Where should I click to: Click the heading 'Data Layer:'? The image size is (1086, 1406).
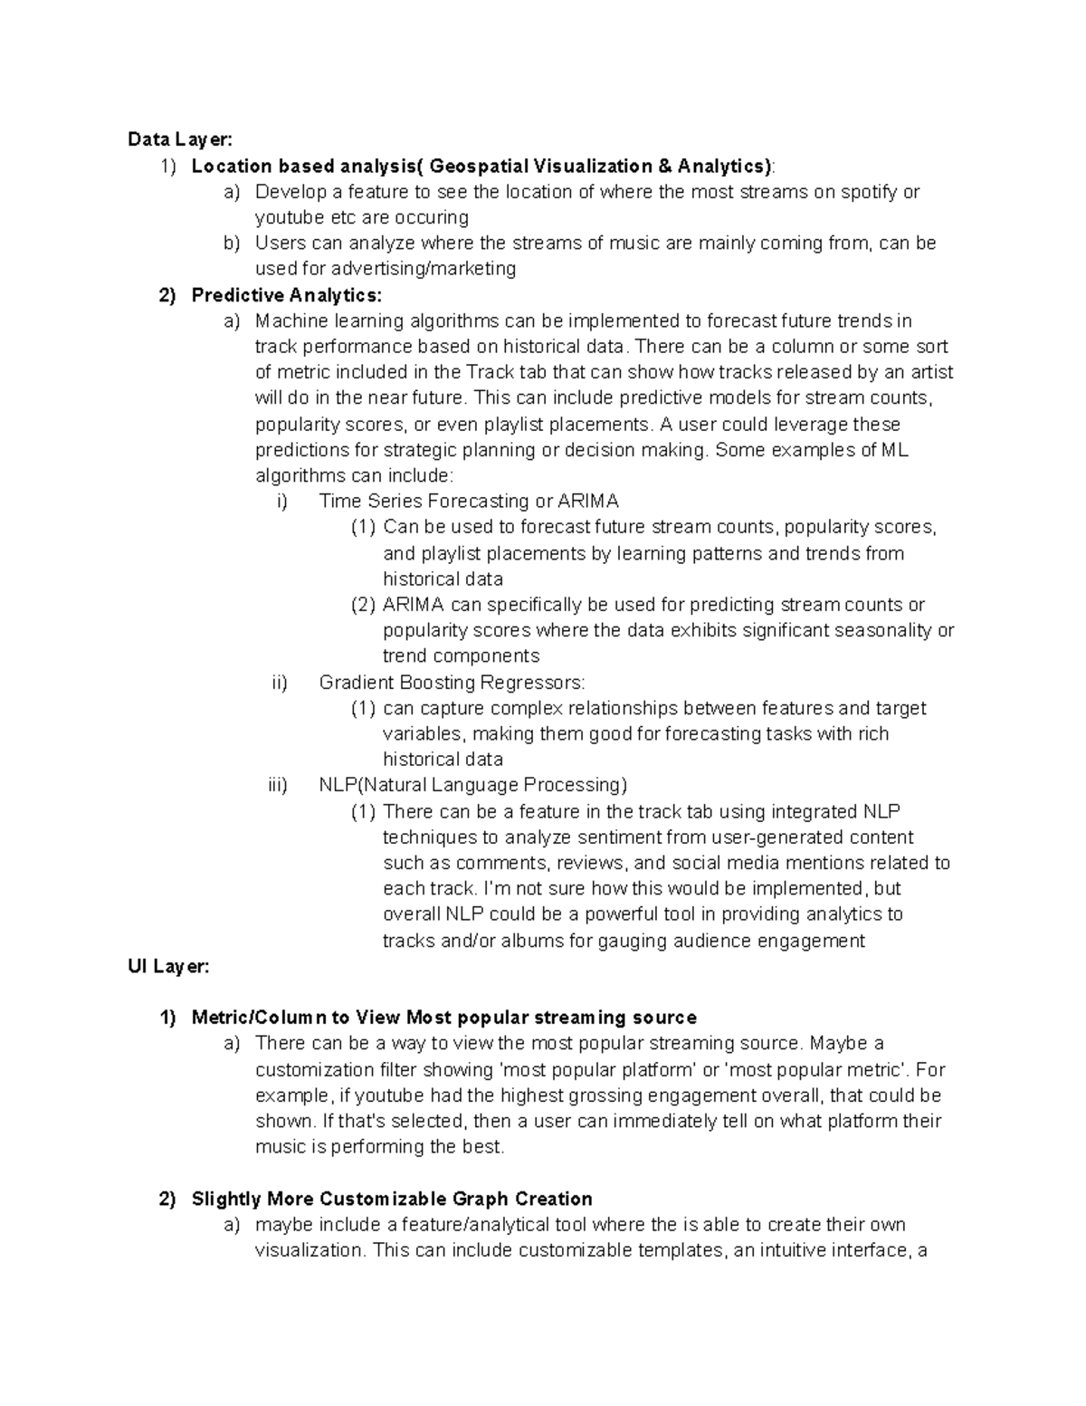tap(180, 139)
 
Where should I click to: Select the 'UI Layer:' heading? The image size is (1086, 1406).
tap(168, 967)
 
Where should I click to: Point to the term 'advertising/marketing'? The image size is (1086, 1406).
tap(424, 269)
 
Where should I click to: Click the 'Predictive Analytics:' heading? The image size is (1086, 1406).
tap(287, 295)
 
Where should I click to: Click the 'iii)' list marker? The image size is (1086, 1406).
tap(277, 785)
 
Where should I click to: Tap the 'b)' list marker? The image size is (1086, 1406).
tap(233, 244)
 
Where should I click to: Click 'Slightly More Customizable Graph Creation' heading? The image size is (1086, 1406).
tap(392, 1199)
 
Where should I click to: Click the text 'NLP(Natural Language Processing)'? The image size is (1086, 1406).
tap(472, 785)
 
